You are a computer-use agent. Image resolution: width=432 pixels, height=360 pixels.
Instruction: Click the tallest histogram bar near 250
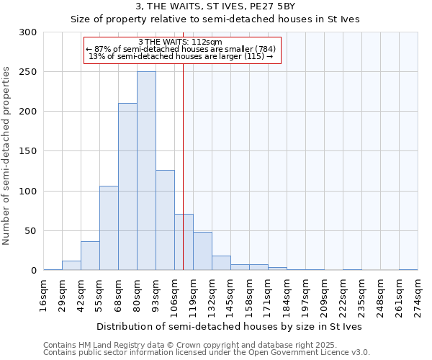coord(146,171)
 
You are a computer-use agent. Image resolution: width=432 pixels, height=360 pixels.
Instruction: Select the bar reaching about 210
coord(127,187)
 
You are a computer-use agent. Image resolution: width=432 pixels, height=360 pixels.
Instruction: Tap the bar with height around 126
coord(165,220)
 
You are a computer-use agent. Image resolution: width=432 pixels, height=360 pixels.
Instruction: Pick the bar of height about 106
coord(109,228)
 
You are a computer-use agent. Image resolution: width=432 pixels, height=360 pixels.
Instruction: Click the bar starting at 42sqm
coord(90,256)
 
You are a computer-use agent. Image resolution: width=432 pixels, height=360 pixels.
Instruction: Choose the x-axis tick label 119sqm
coord(193,295)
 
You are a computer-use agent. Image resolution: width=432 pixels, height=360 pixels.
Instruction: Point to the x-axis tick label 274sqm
coord(418,295)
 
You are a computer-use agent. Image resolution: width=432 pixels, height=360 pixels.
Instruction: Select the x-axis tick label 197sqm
coord(305,295)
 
